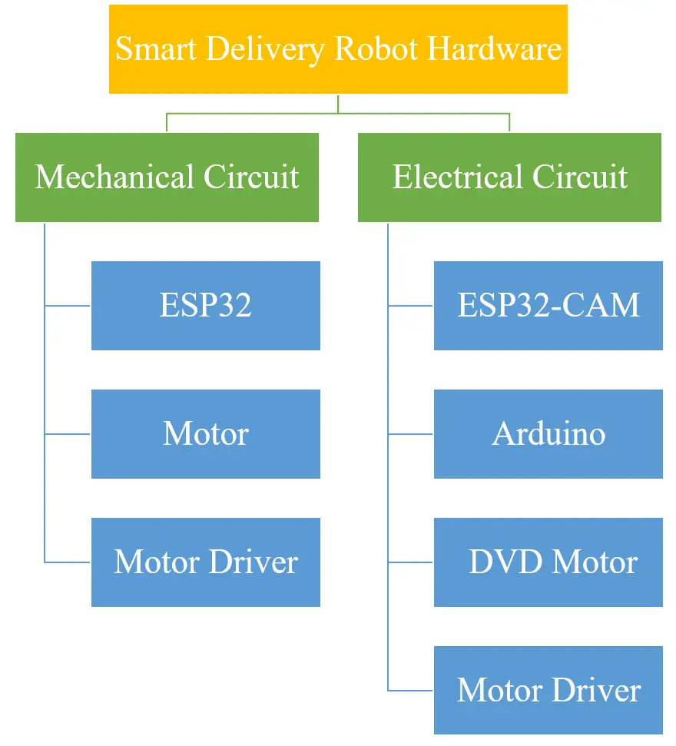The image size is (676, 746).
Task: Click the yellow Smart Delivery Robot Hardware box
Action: coord(338,49)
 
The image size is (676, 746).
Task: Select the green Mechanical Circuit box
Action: coord(167,177)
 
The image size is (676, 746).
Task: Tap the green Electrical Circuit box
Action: coord(509,177)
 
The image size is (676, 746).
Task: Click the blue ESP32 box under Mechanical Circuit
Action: coord(205,306)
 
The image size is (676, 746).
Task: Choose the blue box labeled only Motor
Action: coord(205,434)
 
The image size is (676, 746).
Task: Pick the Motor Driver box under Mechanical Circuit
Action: coord(205,562)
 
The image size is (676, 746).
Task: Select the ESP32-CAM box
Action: coord(548,306)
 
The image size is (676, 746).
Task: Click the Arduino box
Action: coord(548,434)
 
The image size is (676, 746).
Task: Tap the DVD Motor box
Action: coord(548,562)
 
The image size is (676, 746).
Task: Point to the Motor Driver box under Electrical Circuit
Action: coord(548,691)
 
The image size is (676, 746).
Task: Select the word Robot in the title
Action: coord(376,50)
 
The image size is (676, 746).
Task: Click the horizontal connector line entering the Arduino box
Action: coord(411,434)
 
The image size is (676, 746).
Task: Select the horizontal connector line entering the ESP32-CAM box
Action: coord(411,306)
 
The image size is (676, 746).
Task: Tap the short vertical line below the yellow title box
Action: coord(338,103)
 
